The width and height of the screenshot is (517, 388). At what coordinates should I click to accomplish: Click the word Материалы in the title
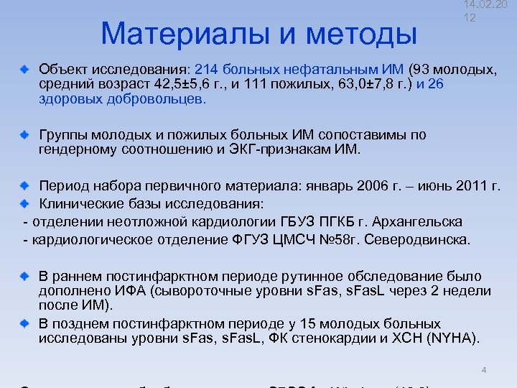(x=185, y=34)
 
